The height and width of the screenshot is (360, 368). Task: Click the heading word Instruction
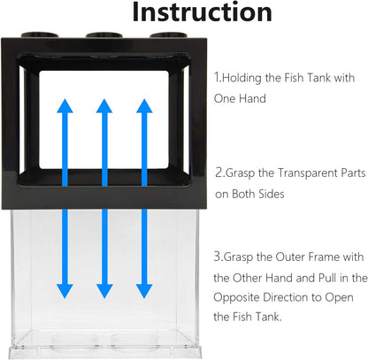[202, 11]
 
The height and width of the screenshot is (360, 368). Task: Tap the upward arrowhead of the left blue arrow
[65, 106]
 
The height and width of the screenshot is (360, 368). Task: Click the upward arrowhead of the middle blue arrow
[104, 106]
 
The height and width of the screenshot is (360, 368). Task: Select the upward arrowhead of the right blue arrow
[144, 106]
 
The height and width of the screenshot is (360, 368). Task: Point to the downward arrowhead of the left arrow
[65, 291]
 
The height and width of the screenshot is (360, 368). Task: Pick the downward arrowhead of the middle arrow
[104, 291]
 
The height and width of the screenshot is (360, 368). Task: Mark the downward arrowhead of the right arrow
[144, 291]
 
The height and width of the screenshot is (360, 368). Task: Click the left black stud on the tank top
[40, 34]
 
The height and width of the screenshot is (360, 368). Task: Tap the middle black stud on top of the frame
[104, 35]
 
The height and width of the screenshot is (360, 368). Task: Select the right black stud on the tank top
[167, 35]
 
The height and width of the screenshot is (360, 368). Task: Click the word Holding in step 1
[241, 78]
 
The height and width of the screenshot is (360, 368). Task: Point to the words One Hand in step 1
[240, 98]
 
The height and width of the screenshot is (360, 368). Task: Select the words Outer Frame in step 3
[307, 257]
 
